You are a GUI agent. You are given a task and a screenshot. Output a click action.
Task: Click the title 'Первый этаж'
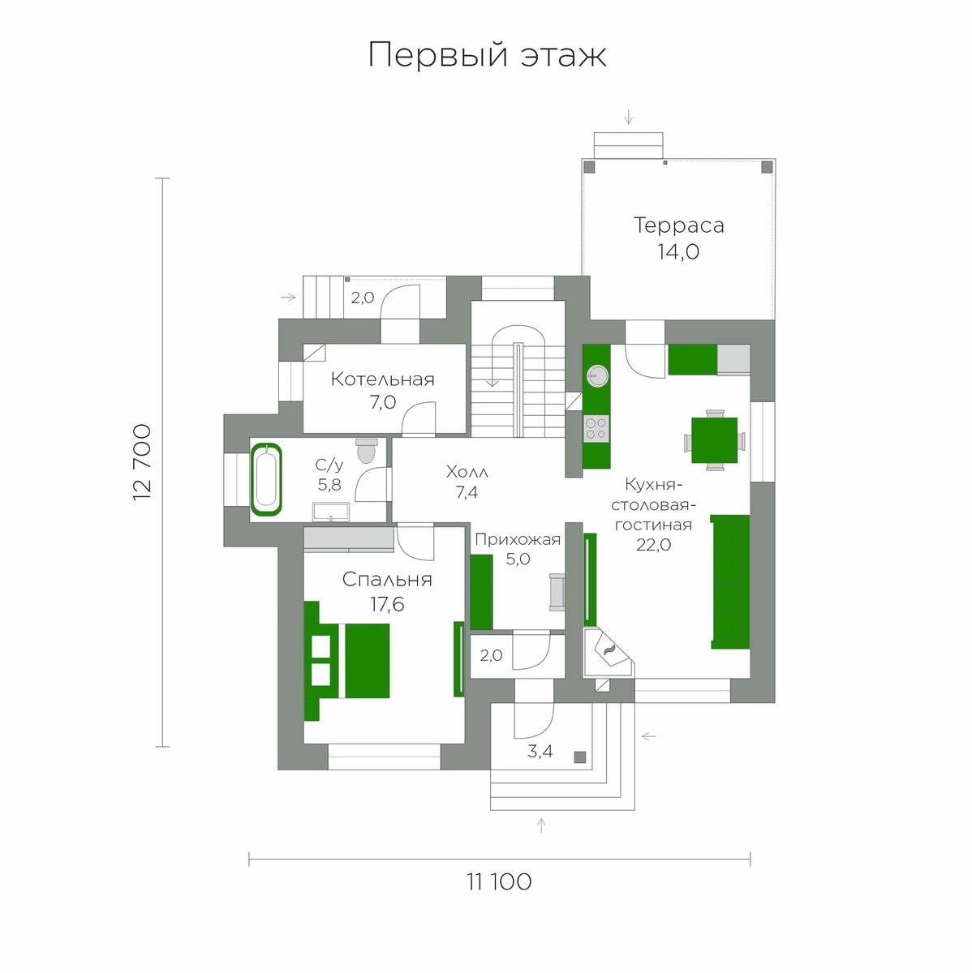point(487,55)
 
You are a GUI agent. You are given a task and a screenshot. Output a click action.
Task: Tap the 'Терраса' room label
point(678,225)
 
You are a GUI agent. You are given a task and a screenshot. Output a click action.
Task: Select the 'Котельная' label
point(382,379)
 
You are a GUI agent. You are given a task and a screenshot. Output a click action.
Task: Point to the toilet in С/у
point(367,450)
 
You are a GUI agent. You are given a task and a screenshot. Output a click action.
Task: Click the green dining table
point(714,440)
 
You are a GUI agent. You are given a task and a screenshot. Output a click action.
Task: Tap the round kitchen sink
point(597,374)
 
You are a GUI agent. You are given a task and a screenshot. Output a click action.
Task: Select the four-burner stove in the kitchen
point(596,427)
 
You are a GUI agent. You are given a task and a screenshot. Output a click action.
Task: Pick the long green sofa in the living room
point(730,581)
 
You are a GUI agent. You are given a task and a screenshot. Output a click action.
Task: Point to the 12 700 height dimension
point(142,461)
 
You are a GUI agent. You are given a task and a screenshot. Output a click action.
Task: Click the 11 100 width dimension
point(499,881)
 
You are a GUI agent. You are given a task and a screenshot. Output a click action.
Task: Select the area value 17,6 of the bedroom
point(387,604)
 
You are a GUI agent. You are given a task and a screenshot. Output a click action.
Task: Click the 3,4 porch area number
point(540,752)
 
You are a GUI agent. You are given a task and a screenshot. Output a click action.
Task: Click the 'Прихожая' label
point(518,539)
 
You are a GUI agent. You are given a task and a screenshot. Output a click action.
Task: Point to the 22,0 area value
point(653,545)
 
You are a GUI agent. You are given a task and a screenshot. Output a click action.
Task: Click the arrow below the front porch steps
point(541,825)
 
